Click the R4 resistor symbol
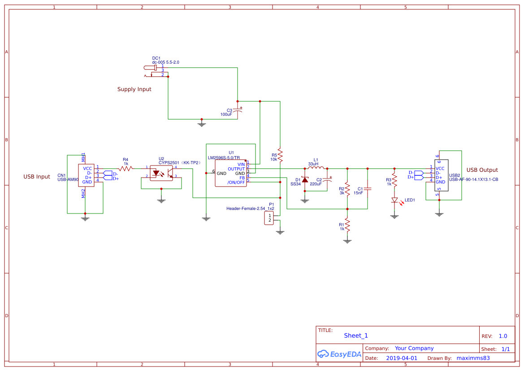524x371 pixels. (x=126, y=168)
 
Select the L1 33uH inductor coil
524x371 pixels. (x=316, y=169)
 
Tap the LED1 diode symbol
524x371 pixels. (x=394, y=200)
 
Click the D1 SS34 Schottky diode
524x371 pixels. (x=305, y=180)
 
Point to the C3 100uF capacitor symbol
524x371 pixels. (x=237, y=111)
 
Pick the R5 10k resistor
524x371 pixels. (x=280, y=156)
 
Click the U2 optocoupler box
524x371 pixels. (x=161, y=172)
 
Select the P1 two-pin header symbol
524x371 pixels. (x=269, y=218)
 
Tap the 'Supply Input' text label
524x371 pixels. (x=134, y=89)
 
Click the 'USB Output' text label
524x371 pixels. (x=482, y=170)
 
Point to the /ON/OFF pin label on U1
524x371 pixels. (x=236, y=183)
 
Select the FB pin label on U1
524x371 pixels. (x=242, y=178)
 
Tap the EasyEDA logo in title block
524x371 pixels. (x=339, y=354)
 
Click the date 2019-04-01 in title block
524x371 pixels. (x=402, y=358)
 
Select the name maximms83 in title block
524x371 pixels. (x=473, y=358)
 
